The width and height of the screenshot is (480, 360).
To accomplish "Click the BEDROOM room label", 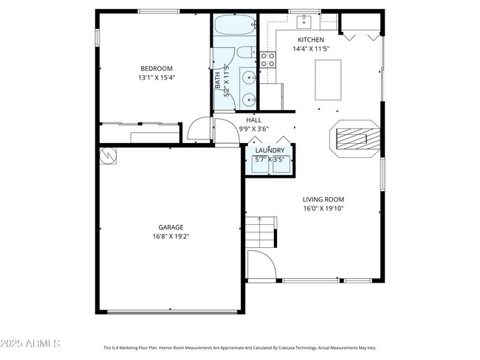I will [156, 69].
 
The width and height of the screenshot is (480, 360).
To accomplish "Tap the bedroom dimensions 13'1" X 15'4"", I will [156, 77].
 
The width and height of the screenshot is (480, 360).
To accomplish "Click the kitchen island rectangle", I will [328, 79].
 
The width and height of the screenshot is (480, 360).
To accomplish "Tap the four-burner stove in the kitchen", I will [267, 59].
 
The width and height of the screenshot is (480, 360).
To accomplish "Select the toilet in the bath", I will [243, 54].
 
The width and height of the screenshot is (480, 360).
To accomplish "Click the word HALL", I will [253, 120].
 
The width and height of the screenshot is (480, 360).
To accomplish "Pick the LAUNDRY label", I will [270, 150].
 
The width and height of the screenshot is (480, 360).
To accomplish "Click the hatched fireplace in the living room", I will [355, 138].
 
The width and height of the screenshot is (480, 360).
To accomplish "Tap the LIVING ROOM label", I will [323, 199].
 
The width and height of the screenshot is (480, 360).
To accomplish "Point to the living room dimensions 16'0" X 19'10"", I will [323, 208].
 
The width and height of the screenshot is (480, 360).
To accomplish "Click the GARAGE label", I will [171, 227].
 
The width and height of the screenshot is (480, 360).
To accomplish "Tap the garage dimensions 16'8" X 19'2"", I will [171, 237].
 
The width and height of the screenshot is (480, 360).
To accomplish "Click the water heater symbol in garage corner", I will [109, 155].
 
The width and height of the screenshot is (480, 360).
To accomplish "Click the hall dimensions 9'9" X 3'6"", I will [253, 128].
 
